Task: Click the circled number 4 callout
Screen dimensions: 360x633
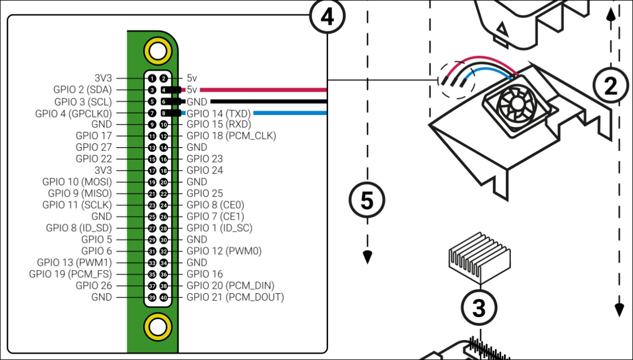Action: (326, 17)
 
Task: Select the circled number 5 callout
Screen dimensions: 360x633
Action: (367, 200)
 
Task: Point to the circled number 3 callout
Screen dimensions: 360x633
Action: (479, 308)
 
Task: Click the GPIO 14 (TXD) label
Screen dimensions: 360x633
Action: (218, 113)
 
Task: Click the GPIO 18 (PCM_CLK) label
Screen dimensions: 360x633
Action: (231, 136)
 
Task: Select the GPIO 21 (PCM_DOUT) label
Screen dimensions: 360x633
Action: (235, 297)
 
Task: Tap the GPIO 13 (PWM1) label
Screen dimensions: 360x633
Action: (75, 263)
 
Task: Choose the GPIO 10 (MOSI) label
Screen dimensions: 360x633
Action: (77, 182)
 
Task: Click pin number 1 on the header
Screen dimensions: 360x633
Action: (152, 79)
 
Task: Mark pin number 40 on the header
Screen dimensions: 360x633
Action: (163, 297)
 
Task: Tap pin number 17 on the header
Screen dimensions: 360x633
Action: (152, 170)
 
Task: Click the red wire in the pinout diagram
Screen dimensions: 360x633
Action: (264, 90)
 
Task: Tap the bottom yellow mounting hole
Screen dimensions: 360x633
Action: (157, 327)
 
